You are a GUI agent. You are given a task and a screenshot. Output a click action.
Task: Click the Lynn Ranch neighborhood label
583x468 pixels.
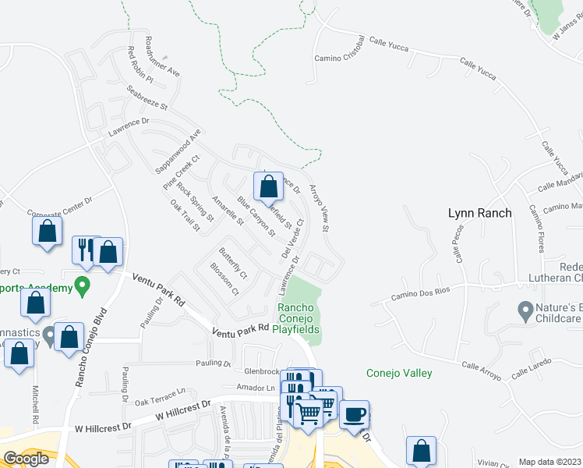pyautogui.click(x=479, y=213)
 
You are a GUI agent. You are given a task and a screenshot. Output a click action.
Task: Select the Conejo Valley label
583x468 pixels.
pyautogui.click(x=399, y=373)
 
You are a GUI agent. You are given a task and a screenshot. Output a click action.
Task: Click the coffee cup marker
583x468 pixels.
pyautogui.click(x=355, y=413)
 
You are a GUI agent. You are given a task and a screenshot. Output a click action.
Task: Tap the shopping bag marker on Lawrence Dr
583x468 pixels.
pyautogui.click(x=268, y=187)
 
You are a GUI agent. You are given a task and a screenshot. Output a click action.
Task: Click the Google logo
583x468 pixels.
pyautogui.click(x=26, y=459)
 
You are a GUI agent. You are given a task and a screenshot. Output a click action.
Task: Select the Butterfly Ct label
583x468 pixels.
pyautogui.click(x=232, y=264)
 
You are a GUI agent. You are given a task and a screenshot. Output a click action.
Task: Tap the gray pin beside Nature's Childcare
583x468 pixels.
pyautogui.click(x=525, y=311)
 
